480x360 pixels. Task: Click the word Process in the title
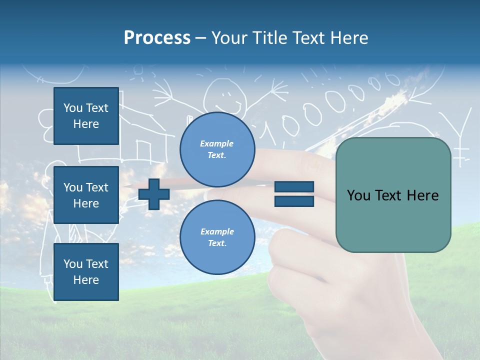[157, 38]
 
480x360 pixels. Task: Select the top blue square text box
[86, 116]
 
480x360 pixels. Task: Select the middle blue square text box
[86, 195]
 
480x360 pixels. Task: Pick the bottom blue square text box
[86, 271]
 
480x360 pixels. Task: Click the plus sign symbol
[154, 194]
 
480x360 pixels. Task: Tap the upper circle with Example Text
[217, 149]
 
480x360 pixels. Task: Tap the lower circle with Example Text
[217, 237]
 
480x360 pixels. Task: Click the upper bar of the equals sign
[294, 187]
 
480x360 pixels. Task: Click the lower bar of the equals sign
[294, 201]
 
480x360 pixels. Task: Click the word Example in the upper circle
[217, 143]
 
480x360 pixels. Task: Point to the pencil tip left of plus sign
[127, 186]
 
